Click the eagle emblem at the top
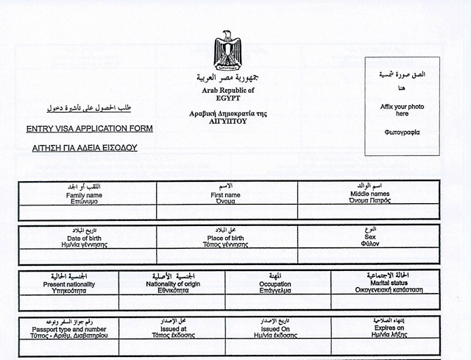[x=227, y=51]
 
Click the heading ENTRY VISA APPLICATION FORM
[x=89, y=129]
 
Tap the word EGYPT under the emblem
[x=227, y=97]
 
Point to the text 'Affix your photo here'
[x=401, y=110]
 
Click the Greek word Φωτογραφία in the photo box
[x=402, y=133]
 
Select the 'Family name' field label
[x=84, y=195]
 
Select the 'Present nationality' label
[x=69, y=284]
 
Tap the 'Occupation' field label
[x=275, y=284]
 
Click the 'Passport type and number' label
[x=70, y=329]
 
